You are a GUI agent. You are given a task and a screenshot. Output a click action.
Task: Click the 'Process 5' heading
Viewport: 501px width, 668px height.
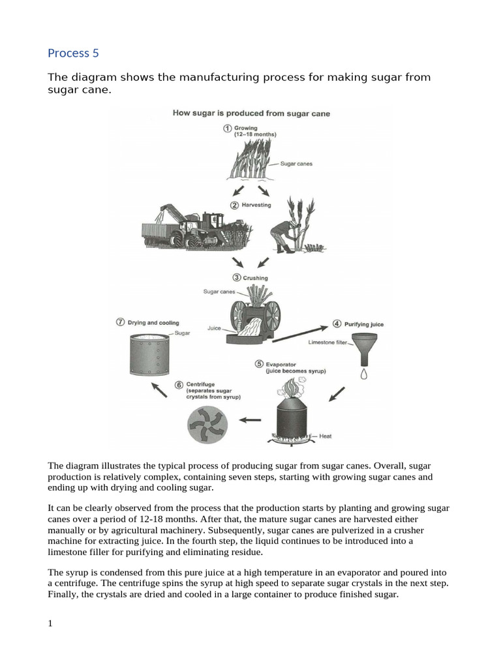[73, 53]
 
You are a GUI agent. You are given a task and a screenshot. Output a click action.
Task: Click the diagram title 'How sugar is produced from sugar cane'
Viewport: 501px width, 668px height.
[251, 114]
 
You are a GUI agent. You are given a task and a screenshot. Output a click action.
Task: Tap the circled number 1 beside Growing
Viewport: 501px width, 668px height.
[227, 129]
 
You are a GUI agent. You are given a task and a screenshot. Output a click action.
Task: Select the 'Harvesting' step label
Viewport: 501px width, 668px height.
[256, 205]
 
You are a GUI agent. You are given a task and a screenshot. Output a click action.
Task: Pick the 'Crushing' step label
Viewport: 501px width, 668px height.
[255, 279]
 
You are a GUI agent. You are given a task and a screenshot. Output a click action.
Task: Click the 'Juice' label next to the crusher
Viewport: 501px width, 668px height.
[215, 328]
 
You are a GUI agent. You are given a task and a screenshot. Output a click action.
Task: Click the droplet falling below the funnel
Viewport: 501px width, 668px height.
[364, 374]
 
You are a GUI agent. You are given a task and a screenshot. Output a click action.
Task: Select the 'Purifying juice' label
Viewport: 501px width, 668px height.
[363, 324]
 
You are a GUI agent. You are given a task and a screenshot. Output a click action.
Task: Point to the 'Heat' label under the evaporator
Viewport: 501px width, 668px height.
[326, 436]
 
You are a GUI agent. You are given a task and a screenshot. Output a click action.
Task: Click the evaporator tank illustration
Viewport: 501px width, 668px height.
[291, 412]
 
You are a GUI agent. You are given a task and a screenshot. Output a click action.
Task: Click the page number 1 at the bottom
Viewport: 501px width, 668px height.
[50, 623]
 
